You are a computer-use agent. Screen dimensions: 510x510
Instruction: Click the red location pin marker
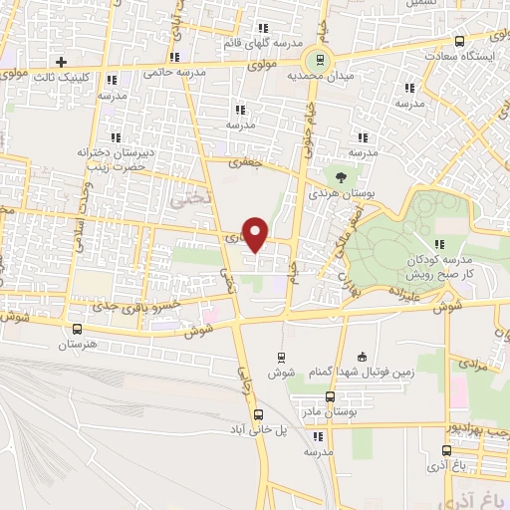coord(256,232)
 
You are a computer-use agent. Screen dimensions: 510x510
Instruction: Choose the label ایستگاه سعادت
coord(470,57)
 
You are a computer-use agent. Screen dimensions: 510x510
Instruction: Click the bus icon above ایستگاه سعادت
coord(459,41)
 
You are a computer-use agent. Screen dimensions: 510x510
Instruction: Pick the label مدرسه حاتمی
coord(174,73)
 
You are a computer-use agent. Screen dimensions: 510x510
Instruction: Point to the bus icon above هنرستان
coord(77,329)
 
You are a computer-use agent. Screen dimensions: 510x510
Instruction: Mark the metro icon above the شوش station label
coord(279,356)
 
